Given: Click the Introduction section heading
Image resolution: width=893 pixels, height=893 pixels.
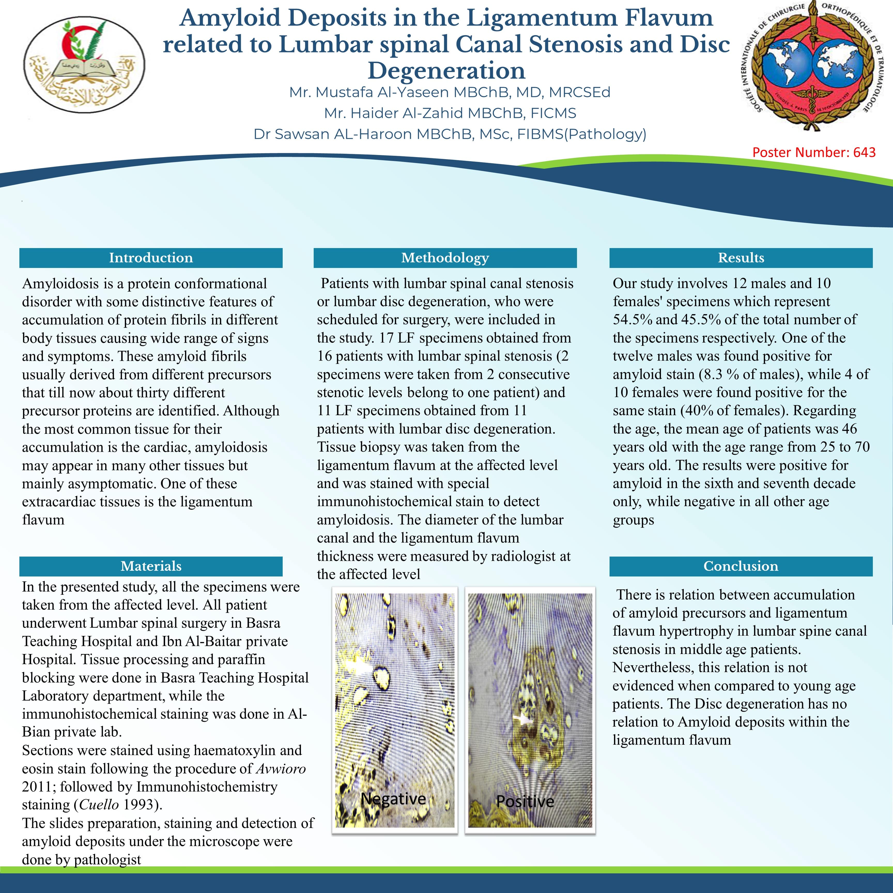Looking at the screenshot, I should pyautogui.click(x=151, y=258).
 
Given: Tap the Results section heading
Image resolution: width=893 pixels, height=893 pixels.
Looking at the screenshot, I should pyautogui.click(x=741, y=258).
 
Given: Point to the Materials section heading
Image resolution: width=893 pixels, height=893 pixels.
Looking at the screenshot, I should pyautogui.click(x=151, y=566).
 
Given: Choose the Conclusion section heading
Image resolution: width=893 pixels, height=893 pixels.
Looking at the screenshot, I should pyautogui.click(x=741, y=566).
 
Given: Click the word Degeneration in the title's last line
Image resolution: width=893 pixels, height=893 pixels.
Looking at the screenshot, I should pyautogui.click(x=446, y=71).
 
